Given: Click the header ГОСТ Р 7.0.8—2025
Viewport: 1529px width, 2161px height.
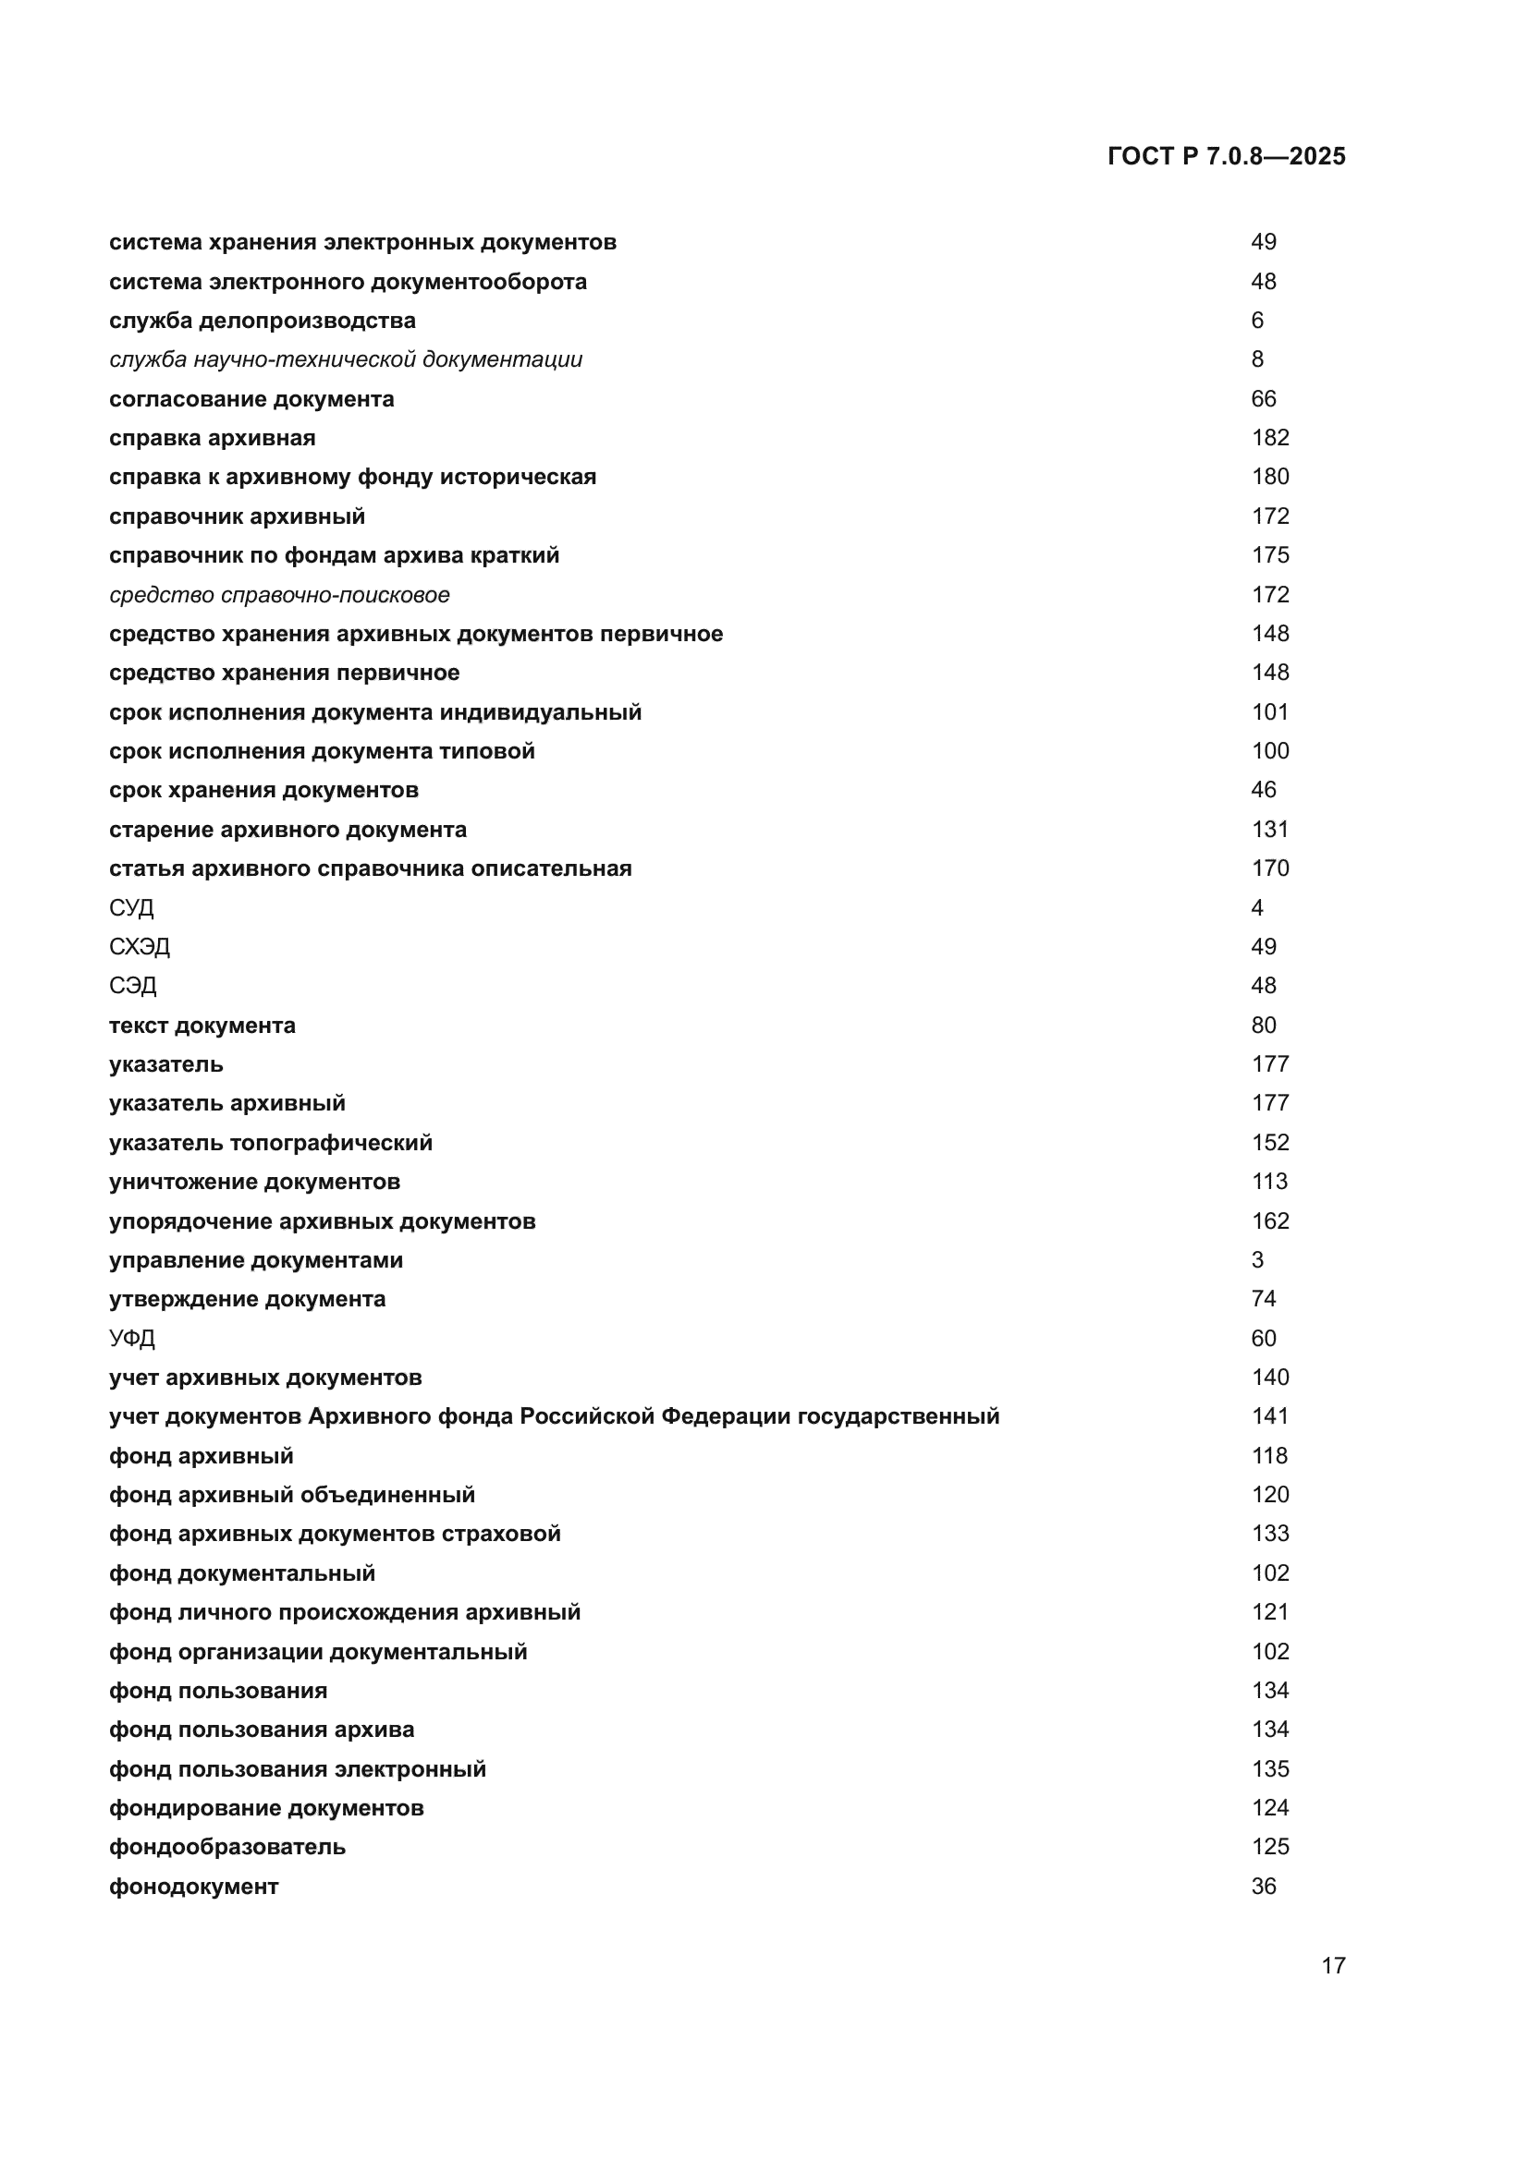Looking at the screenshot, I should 1226,156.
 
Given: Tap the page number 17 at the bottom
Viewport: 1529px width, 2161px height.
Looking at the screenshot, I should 1333,1965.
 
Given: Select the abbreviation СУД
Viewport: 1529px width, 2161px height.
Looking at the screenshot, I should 132,907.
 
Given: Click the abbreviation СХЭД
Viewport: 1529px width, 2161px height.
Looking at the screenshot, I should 140,947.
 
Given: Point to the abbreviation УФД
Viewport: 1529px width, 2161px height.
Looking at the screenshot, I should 132,1339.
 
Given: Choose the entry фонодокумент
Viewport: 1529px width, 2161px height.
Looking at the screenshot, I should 194,1887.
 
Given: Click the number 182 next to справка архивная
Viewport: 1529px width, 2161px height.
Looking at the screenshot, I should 1270,438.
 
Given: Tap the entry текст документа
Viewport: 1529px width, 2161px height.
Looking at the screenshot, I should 202,1025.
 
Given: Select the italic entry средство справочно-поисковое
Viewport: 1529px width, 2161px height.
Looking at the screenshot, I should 279,595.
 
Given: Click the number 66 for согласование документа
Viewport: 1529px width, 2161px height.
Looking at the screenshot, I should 1264,399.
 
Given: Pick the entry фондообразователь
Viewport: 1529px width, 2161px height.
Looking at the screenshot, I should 227,1847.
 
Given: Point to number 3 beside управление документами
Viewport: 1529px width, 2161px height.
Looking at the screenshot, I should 1257,1260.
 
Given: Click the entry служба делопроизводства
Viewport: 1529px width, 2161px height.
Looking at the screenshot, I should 263,321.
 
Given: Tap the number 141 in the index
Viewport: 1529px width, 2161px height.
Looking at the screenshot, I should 1270,1416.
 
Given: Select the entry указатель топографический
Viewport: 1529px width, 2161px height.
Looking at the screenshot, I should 271,1143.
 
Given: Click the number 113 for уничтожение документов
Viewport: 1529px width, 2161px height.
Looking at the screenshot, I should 1270,1182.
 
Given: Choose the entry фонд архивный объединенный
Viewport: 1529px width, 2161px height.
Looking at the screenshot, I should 292,1495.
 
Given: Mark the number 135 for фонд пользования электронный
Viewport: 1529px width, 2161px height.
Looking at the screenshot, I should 1270,1768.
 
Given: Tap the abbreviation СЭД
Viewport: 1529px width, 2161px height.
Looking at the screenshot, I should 133,986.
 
